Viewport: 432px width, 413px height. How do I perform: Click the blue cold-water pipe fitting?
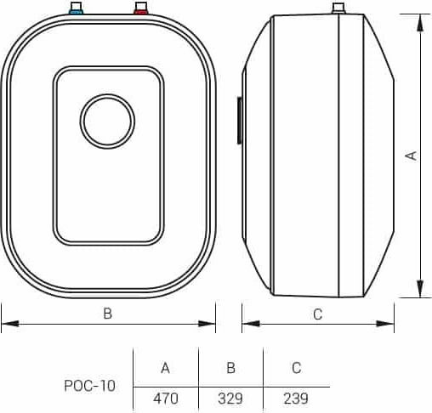point(76,8)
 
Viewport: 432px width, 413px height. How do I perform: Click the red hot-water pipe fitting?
point(141,8)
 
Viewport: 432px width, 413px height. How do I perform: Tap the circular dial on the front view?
point(107,122)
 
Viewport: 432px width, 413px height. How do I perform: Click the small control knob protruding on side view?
point(239,120)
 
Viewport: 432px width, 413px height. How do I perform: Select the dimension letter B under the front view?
point(108,314)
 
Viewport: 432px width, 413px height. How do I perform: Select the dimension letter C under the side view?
point(318,314)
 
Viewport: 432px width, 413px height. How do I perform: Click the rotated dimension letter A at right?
point(412,156)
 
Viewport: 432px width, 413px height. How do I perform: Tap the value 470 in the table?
point(166,399)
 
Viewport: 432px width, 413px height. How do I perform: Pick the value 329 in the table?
point(230,399)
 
